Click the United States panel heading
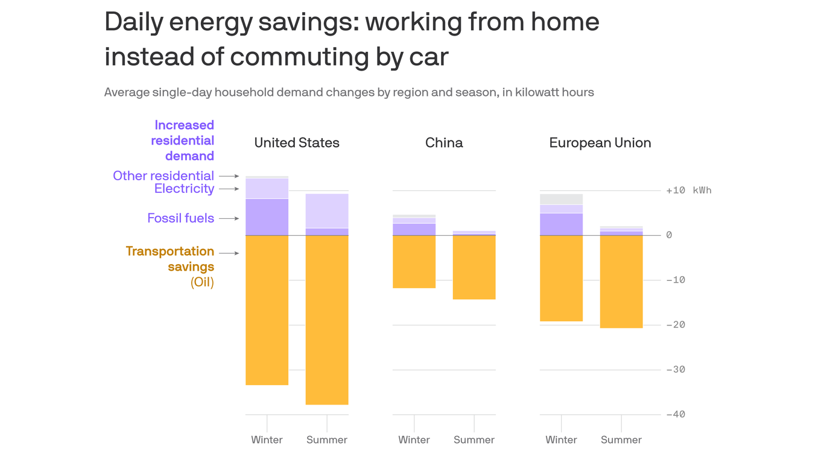tap(296, 143)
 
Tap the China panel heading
tap(444, 143)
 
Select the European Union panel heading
tap(600, 143)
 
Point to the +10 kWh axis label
tap(688, 191)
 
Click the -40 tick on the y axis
tap(676, 415)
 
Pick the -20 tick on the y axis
tap(676, 325)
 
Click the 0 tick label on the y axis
tap(669, 235)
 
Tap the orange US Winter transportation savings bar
tap(267, 310)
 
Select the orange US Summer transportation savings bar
tap(326, 320)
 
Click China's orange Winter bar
tap(414, 262)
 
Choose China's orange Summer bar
tap(474, 267)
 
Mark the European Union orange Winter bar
tap(561, 278)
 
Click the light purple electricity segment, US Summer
tap(326, 210)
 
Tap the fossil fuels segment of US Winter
tap(267, 217)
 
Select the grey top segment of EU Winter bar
tap(561, 199)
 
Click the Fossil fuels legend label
tap(180, 218)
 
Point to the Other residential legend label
tap(163, 176)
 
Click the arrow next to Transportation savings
tap(229, 253)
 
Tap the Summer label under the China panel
tap(474, 440)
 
